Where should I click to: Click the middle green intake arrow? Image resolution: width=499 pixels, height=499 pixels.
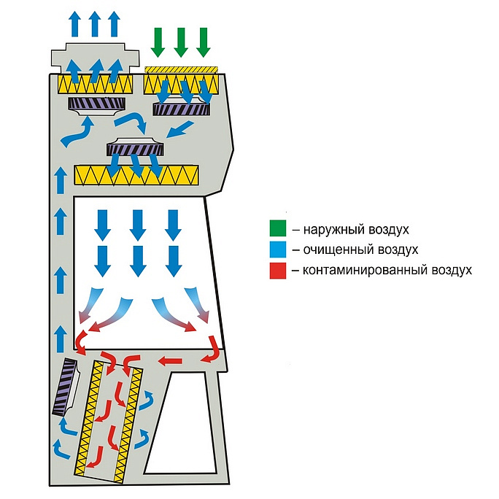(181, 41)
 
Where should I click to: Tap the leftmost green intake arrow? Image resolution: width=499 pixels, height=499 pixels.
(158, 41)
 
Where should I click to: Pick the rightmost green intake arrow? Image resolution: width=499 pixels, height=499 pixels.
(204, 41)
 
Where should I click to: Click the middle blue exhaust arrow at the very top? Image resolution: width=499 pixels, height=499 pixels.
(95, 23)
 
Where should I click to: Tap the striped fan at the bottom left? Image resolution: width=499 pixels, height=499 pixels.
(67, 387)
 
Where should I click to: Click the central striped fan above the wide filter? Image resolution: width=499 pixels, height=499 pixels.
(135, 149)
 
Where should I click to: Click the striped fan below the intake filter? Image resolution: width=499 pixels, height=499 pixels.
(182, 109)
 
